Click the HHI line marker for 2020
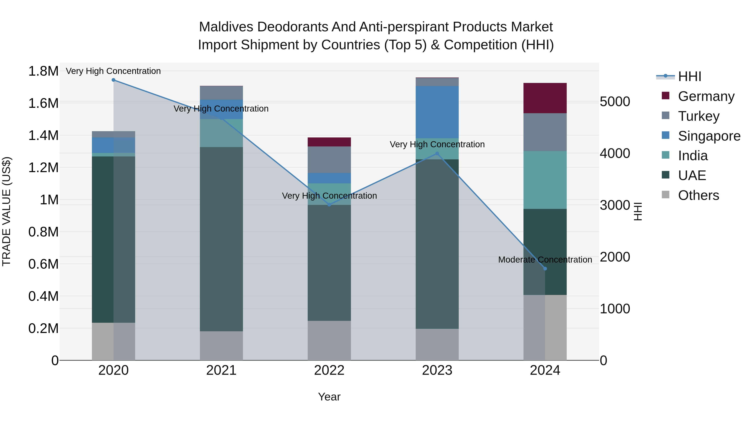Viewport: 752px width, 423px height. pos(114,80)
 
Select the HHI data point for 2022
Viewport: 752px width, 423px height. pos(329,205)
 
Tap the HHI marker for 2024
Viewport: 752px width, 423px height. pos(545,269)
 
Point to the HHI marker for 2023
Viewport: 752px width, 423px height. pos(437,154)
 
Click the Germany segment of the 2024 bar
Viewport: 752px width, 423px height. pos(545,98)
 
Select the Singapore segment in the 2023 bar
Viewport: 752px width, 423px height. pos(437,112)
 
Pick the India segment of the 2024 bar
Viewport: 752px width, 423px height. pos(545,180)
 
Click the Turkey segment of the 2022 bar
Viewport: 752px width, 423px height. pos(329,160)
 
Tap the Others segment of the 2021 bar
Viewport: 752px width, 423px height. pos(221,346)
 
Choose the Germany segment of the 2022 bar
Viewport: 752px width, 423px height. pos(329,142)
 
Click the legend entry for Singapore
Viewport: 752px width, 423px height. pos(709,136)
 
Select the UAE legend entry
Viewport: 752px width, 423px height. pos(692,175)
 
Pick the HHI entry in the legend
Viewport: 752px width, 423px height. pos(689,76)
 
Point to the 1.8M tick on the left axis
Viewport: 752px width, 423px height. pos(43,71)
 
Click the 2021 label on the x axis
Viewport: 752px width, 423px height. pos(221,370)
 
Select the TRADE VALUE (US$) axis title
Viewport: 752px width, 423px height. pos(6,211)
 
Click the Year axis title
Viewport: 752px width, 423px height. pos(329,397)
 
